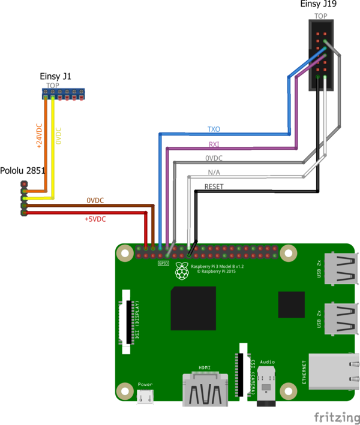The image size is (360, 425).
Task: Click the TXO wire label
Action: [x=214, y=129]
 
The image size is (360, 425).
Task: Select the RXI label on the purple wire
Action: [x=214, y=144]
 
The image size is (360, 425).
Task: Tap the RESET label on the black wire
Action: [x=214, y=187]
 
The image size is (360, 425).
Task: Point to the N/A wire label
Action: [x=214, y=173]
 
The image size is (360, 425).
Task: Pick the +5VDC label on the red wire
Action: [x=95, y=219]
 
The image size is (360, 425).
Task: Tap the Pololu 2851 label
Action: [x=23, y=171]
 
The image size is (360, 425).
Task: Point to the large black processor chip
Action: [x=193, y=308]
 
